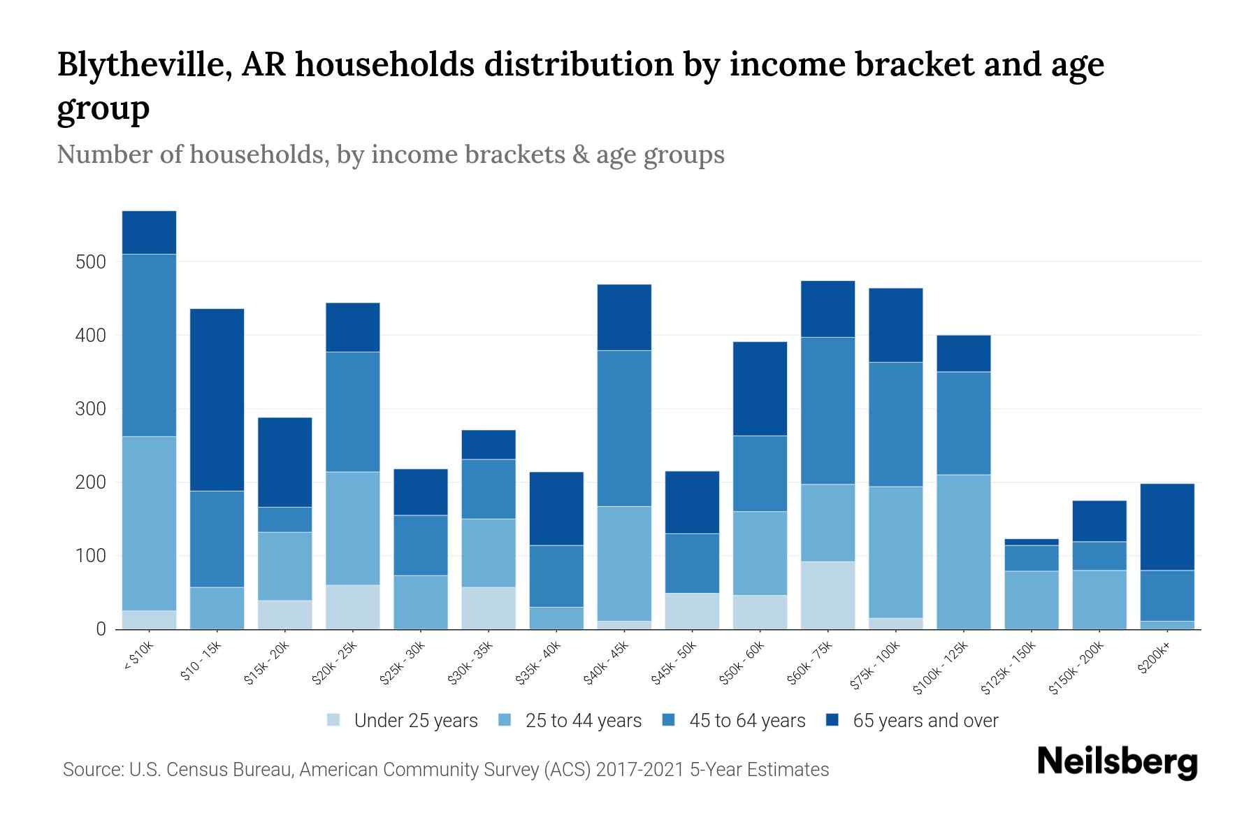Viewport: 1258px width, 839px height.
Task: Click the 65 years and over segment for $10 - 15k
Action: (x=217, y=399)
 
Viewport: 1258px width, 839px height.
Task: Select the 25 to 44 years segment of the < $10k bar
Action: (x=149, y=523)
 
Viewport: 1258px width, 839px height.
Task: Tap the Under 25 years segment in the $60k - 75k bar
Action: (x=827, y=595)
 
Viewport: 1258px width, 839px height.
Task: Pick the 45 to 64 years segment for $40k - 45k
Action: (x=624, y=428)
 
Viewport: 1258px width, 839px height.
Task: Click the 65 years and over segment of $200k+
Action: (x=1166, y=526)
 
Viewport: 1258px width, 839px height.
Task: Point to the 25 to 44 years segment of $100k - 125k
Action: (x=963, y=552)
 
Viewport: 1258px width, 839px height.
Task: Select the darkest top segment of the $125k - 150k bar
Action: (x=1031, y=542)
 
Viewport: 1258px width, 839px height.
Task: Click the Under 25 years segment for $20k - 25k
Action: (x=353, y=607)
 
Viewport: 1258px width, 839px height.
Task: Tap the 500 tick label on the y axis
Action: (x=90, y=262)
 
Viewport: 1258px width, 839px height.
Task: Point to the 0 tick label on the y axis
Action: (x=101, y=629)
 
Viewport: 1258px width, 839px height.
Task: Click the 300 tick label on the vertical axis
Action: (x=90, y=409)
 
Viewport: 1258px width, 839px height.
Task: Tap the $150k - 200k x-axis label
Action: (x=1077, y=667)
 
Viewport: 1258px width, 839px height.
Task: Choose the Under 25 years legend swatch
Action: (x=334, y=720)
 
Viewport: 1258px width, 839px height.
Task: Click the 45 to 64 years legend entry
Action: (x=747, y=720)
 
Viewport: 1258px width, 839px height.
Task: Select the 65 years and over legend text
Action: (x=925, y=720)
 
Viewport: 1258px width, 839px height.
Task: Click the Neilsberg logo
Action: (x=1117, y=762)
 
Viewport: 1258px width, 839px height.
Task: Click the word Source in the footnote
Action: (x=92, y=770)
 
